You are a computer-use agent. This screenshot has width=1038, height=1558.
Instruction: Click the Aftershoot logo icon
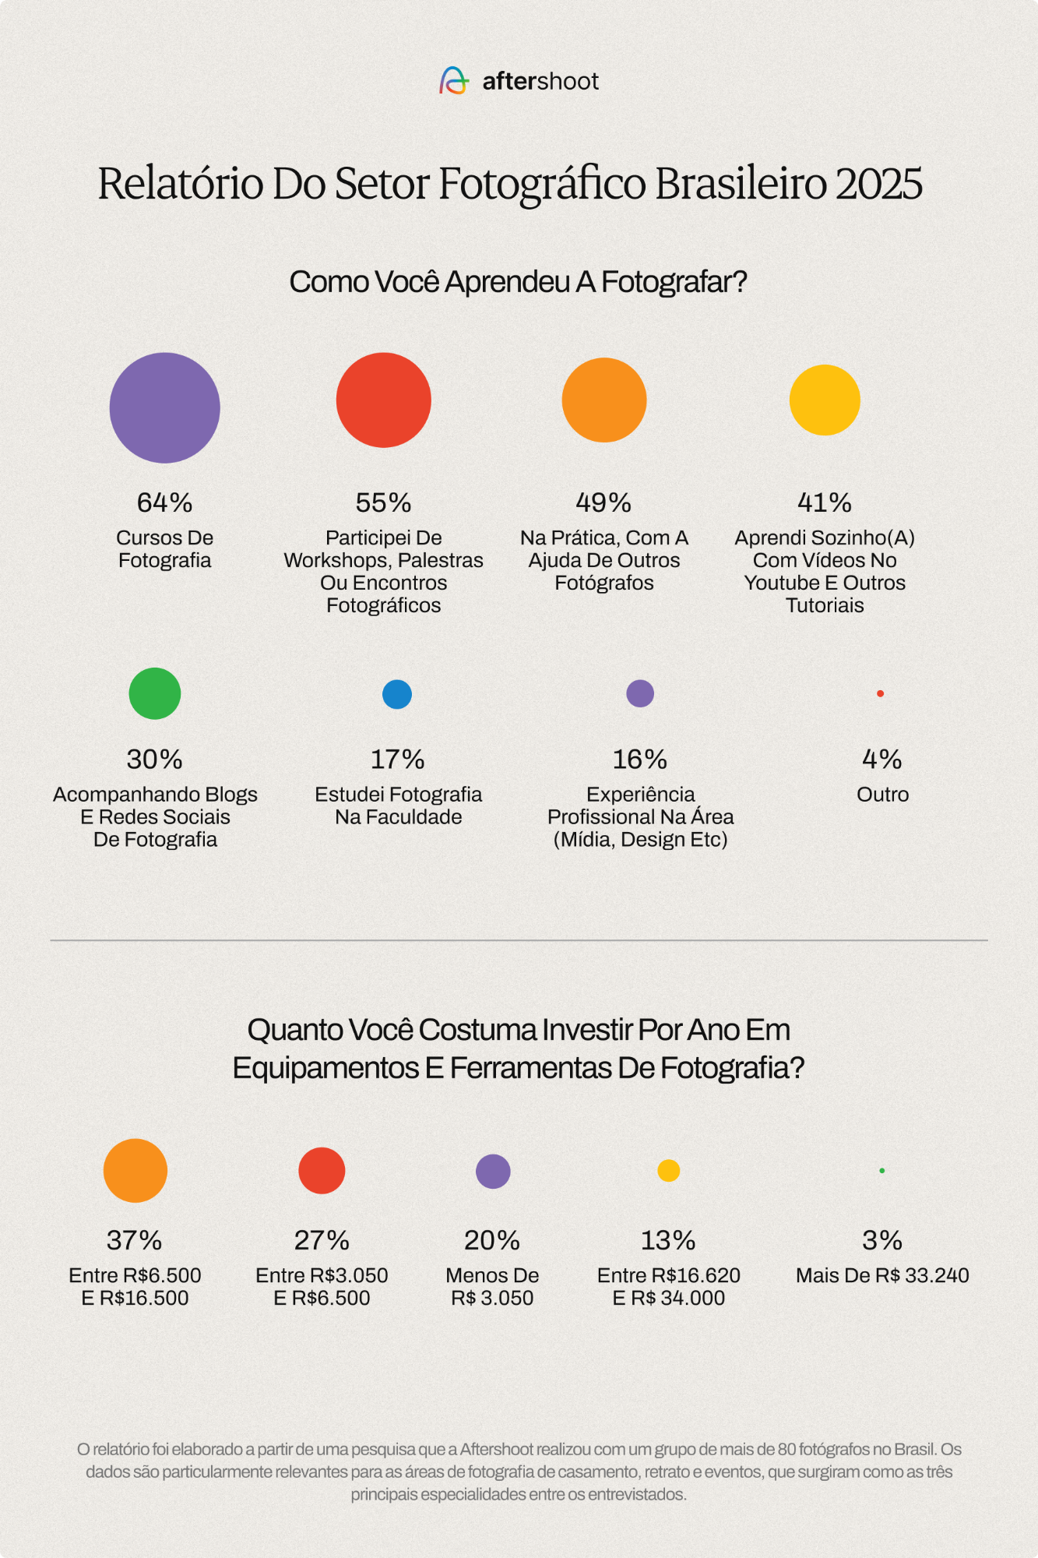pos(454,80)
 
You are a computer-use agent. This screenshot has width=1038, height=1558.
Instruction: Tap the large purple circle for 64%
pos(165,407)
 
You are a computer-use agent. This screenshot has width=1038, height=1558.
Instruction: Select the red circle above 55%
pos(383,400)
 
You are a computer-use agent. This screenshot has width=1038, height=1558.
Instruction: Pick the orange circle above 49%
pos(604,400)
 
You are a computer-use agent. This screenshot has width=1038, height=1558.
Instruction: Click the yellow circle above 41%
pos(825,400)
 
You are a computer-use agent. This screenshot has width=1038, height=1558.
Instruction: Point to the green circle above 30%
pos(155,693)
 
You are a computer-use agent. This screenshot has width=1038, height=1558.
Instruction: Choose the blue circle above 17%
pos(397,694)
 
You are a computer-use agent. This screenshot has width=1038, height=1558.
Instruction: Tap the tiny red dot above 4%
pos(880,693)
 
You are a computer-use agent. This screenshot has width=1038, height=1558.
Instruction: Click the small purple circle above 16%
pos(640,693)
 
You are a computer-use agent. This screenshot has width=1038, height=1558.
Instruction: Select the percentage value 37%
pos(135,1240)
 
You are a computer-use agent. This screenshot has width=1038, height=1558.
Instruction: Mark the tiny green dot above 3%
pos(881,1170)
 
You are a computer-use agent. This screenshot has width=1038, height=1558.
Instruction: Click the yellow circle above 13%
pos(669,1170)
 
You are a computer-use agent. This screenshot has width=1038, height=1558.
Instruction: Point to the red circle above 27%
pos(322,1170)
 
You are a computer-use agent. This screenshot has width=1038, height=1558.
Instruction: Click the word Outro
pos(882,795)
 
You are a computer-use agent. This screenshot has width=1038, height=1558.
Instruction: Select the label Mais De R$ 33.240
pos(882,1275)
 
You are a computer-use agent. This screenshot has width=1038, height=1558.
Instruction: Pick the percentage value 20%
pos(492,1240)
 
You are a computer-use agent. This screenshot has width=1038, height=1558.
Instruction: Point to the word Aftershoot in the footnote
pos(497,1450)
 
